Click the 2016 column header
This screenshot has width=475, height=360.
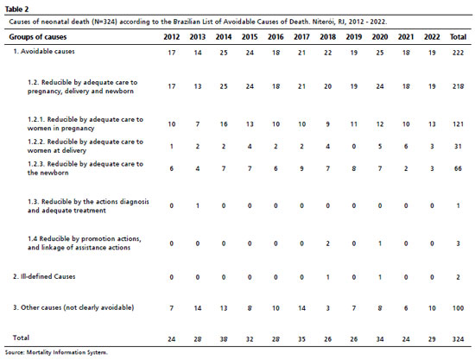coord(275,37)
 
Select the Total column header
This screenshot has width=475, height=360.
coord(458,37)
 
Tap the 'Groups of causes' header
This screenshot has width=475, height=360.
coord(38,37)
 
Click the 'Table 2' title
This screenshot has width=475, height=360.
coord(16,9)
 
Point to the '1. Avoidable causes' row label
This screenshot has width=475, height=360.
coord(44,52)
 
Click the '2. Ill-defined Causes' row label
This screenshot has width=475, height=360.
coord(44,276)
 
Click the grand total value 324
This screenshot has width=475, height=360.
coord(458,339)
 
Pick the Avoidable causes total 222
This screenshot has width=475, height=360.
coord(458,53)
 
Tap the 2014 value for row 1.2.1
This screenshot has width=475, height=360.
coord(224,124)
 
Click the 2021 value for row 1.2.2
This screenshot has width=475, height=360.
coord(406,147)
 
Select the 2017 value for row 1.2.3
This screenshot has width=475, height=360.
coord(301,168)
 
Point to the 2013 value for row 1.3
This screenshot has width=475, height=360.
coord(198,205)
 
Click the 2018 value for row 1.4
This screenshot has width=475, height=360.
coord(328,243)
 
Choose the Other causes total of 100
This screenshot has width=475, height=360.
coord(458,308)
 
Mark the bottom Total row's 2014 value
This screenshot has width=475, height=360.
coord(224,339)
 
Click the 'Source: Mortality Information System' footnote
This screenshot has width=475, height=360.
coord(56,352)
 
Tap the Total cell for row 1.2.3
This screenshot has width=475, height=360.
coord(458,168)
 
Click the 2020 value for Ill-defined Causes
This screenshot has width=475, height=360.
coord(380,277)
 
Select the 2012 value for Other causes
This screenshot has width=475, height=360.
coord(172,308)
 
